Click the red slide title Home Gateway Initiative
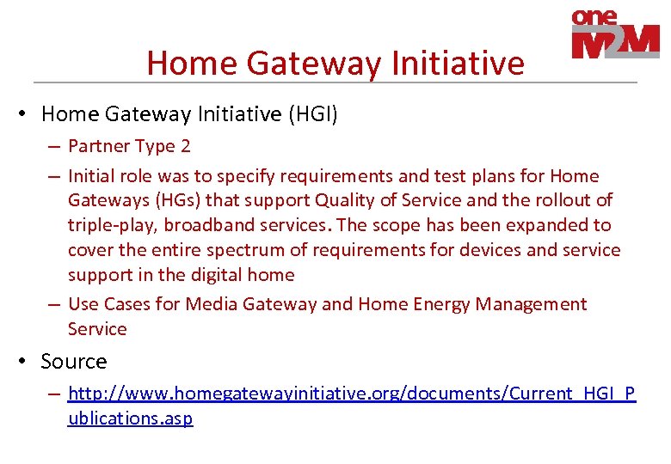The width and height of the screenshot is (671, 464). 335,63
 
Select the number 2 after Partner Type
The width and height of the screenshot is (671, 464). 185,146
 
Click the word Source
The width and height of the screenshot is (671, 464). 74,362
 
